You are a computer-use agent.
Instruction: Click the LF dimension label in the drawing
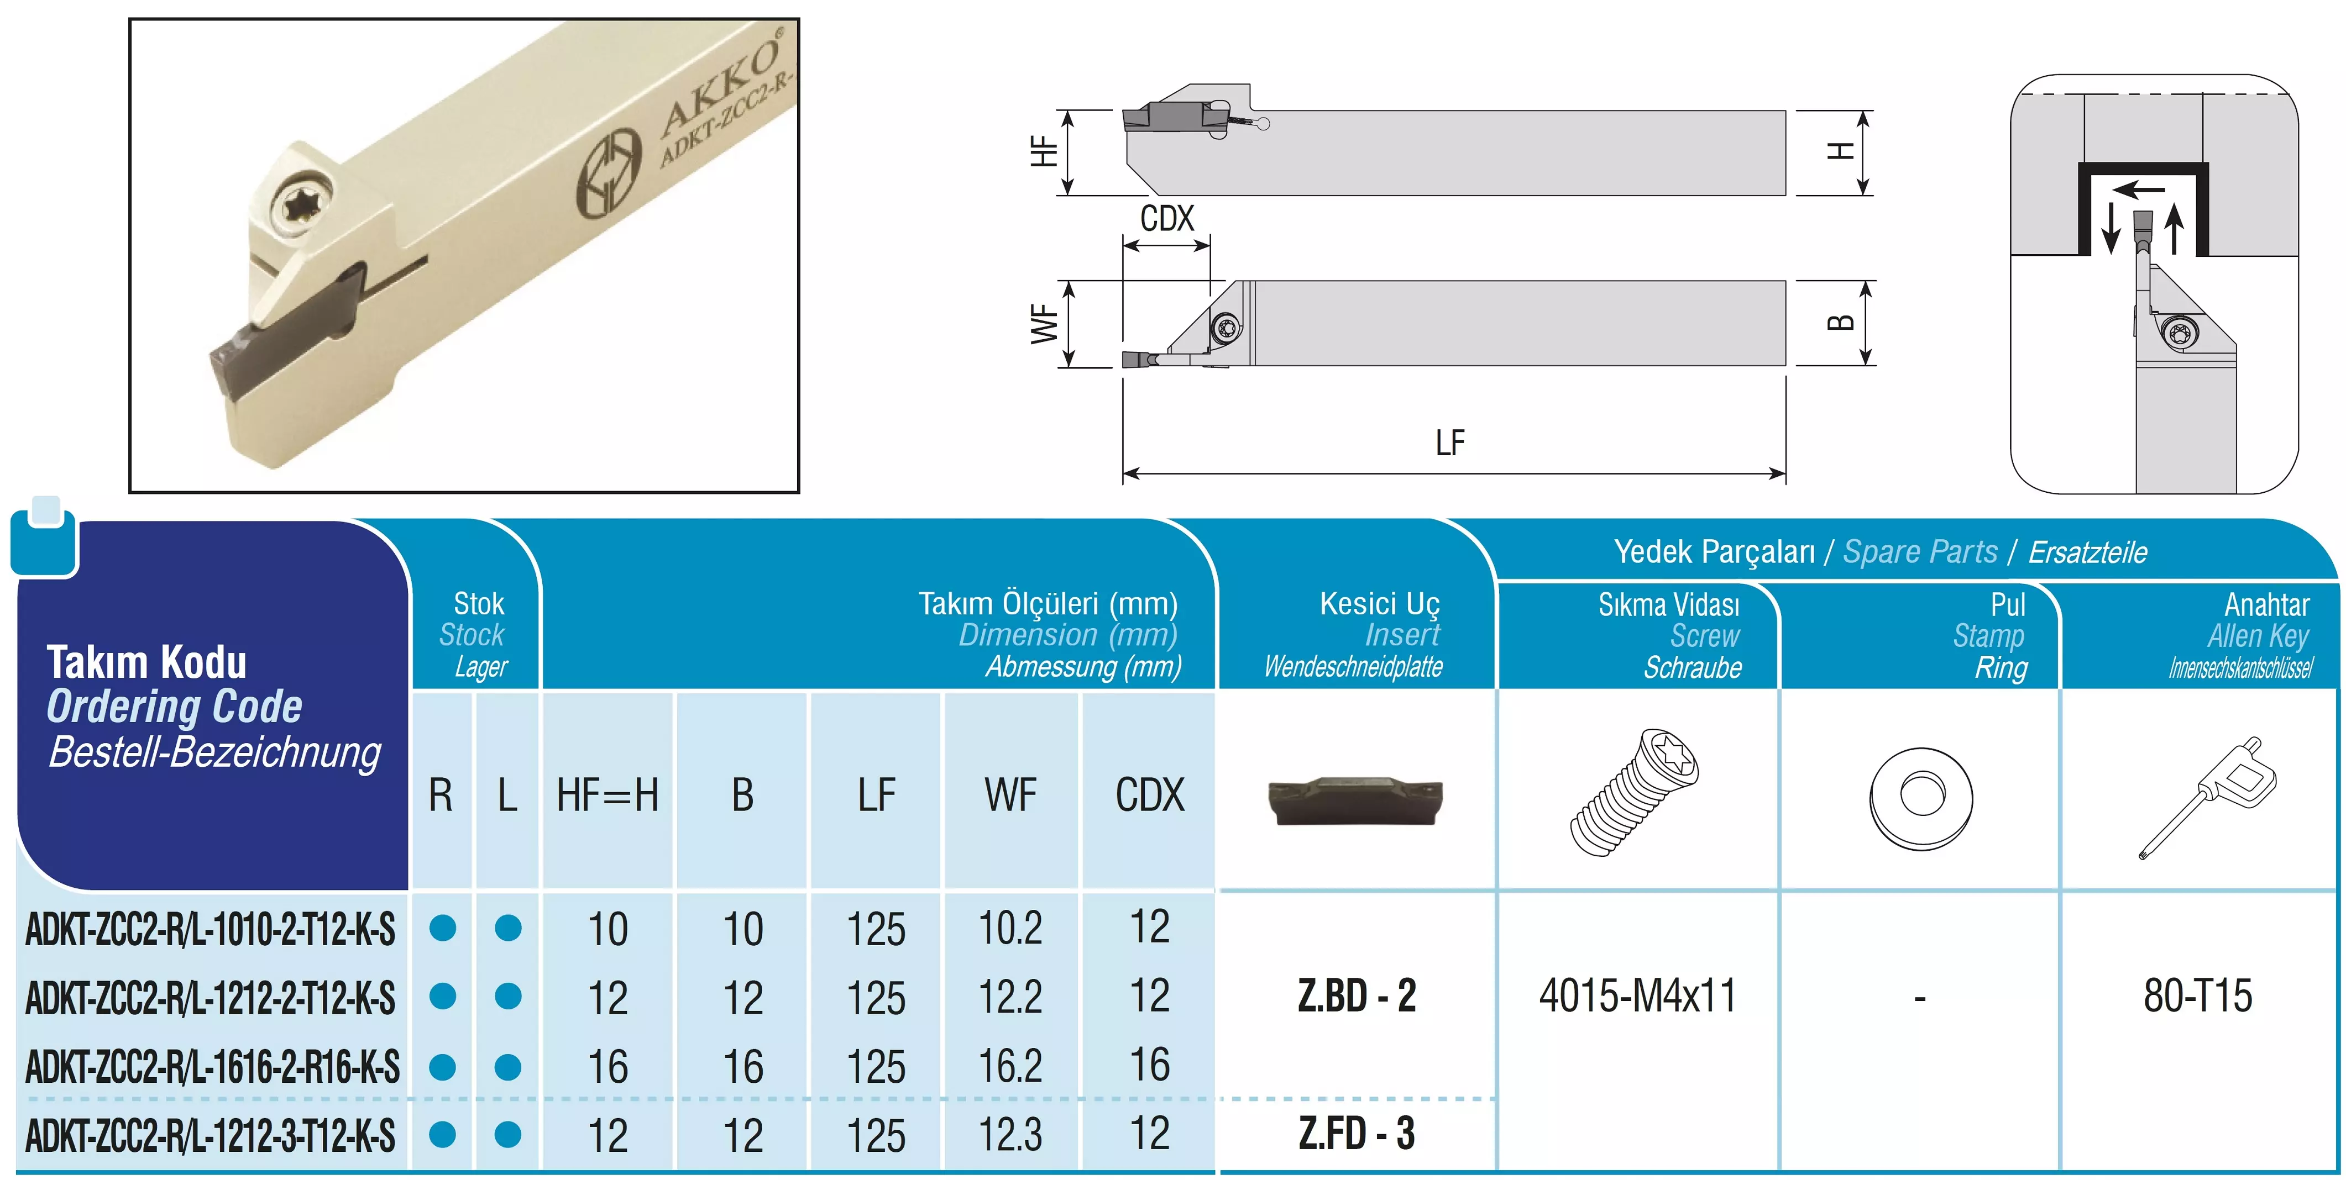(x=1450, y=444)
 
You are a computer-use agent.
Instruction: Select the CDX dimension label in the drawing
(x=1166, y=219)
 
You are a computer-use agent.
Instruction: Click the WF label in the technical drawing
(x=1045, y=325)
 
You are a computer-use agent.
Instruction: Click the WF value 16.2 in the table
(x=1010, y=1065)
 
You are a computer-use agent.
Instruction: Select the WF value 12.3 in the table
(x=1010, y=1135)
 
